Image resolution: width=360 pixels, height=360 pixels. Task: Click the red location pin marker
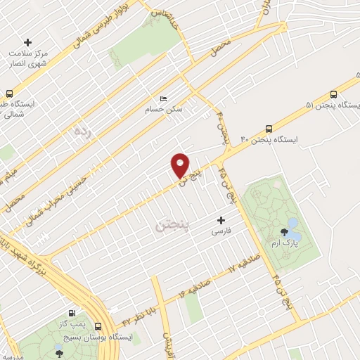181,165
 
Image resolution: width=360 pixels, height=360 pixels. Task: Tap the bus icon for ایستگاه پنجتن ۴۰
269,129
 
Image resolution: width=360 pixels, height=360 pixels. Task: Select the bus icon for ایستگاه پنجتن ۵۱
333,94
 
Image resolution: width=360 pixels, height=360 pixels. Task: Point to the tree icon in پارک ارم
285,231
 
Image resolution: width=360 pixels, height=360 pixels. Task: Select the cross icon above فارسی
222,220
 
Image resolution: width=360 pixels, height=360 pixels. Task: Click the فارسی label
222,231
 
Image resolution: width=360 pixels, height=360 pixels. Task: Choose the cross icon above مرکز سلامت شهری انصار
28,43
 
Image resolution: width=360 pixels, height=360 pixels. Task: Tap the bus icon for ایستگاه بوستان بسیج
98,327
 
